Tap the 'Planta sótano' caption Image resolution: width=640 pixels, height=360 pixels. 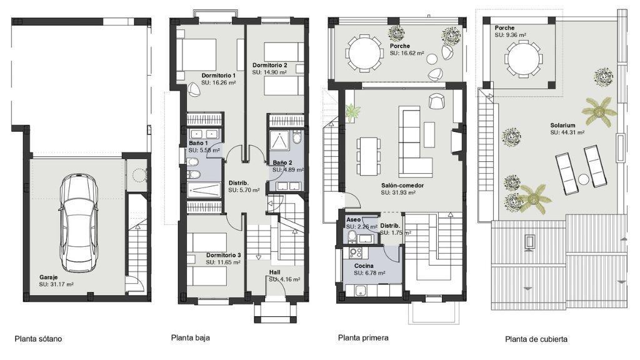[38, 339]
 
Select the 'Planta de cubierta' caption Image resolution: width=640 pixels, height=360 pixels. [536, 339]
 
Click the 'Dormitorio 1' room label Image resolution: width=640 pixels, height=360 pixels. [218, 76]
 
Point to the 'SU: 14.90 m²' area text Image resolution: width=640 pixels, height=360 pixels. [269, 72]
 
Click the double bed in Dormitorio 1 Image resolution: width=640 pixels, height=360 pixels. [197, 55]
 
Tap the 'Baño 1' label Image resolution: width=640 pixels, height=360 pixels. [198, 143]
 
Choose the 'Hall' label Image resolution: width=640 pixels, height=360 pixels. [275, 272]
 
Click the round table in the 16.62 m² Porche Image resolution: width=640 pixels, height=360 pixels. [364, 53]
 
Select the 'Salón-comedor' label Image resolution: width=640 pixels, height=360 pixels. [402, 185]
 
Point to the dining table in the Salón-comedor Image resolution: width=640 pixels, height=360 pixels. [369, 156]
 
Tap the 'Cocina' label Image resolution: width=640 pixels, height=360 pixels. [364, 266]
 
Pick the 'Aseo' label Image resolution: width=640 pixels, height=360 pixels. [354, 219]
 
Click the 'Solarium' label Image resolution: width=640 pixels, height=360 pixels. [562, 125]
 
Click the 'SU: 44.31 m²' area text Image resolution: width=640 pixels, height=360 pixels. [567, 132]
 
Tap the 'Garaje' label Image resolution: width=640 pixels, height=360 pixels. [48, 277]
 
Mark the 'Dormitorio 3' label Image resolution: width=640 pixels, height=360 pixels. [223, 255]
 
